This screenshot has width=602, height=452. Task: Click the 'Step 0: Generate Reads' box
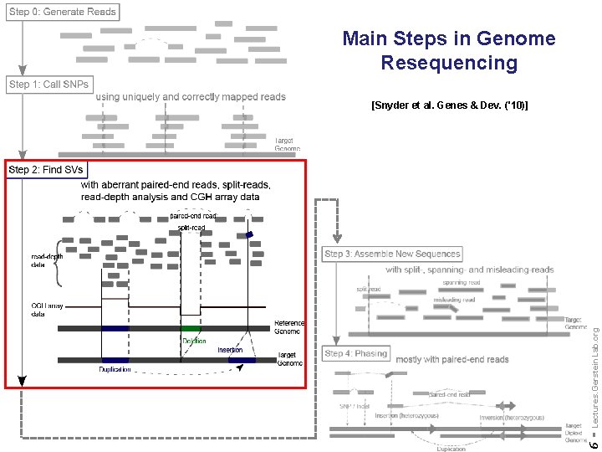pos(63,12)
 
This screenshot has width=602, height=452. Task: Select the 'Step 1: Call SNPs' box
pos(48,85)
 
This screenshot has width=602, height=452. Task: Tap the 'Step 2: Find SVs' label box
pos(46,170)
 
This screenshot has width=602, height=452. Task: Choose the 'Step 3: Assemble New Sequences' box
pos(392,254)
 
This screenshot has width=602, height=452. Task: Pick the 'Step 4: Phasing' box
pos(356,353)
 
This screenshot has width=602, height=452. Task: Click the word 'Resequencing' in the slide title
pos(449,63)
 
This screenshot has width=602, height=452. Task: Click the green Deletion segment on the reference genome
pos(191,328)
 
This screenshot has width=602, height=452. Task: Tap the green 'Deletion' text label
pos(194,341)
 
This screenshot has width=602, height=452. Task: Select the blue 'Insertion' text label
pos(230,350)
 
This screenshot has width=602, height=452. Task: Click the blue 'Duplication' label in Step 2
pos(115,369)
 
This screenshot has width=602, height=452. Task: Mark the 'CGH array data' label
pos(43,310)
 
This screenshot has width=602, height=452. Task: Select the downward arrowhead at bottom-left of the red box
pos(21,381)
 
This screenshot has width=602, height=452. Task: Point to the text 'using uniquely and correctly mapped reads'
pos(191,97)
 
